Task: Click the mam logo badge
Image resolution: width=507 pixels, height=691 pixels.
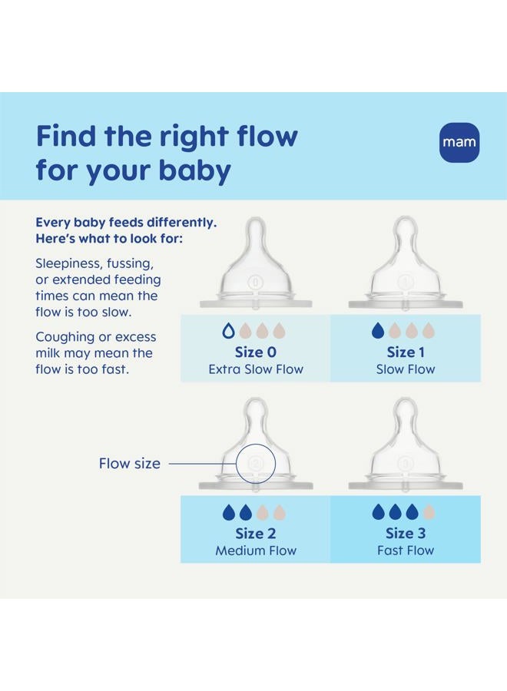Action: pos(459,142)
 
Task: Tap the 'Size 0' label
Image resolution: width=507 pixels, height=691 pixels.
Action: pos(256,352)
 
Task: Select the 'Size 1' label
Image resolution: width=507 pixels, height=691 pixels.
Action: pos(406,352)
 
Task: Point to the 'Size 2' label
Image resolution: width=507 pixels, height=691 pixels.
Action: pos(256,534)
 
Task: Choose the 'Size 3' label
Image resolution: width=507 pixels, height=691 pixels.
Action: pos(406,534)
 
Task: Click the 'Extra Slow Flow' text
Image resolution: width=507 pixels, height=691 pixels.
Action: pos(256,369)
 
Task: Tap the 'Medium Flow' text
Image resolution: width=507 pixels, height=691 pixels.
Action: pos(256,550)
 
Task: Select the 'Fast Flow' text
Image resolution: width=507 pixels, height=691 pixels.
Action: pos(406,550)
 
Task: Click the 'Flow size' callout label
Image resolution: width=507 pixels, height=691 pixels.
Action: pos(130,463)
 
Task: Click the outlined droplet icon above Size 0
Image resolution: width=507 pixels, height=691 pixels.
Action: pos(227,331)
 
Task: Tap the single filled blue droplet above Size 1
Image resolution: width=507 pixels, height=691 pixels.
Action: pos(377,331)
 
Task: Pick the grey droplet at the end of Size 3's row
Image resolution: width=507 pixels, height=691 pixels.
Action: pos(429,512)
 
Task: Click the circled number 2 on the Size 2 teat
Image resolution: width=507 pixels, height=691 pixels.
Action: pos(256,463)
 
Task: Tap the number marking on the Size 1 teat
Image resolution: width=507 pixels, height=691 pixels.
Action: pos(406,282)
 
